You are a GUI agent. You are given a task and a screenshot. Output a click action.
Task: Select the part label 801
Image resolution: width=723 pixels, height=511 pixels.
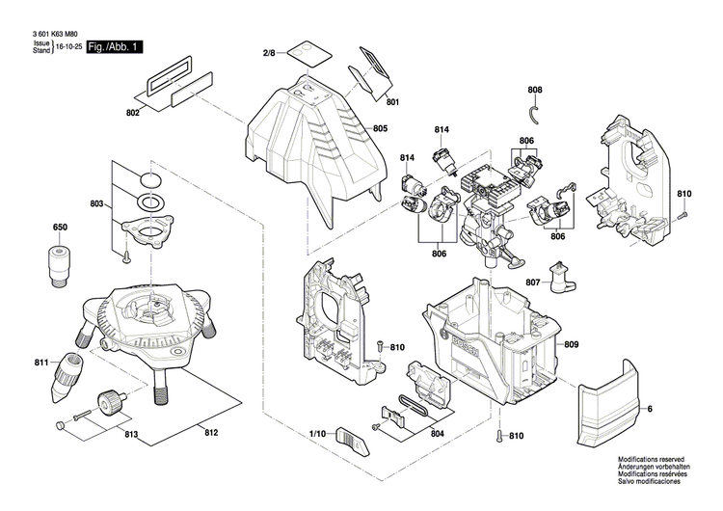pyautogui.click(x=392, y=101)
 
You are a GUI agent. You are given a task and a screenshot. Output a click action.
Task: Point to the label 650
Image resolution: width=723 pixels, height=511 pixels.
pyautogui.click(x=60, y=228)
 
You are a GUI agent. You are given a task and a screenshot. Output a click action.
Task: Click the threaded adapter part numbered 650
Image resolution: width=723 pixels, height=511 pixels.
pyautogui.click(x=60, y=264)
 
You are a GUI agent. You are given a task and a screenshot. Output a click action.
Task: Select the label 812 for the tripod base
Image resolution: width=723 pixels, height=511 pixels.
pyautogui.click(x=211, y=434)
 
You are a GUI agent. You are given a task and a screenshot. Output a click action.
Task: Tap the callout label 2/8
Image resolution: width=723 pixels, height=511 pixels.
pyautogui.click(x=270, y=53)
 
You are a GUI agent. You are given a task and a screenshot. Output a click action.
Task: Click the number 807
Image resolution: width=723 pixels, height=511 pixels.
pyautogui.click(x=532, y=282)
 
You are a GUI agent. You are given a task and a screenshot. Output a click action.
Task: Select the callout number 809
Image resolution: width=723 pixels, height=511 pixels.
pyautogui.click(x=572, y=344)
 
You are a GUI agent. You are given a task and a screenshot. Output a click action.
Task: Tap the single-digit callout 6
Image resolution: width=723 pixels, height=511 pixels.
pyautogui.click(x=649, y=411)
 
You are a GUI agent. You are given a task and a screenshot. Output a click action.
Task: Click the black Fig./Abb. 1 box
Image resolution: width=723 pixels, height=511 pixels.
pyautogui.click(x=114, y=46)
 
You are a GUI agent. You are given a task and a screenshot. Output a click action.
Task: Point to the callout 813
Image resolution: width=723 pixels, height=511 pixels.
pyautogui.click(x=131, y=435)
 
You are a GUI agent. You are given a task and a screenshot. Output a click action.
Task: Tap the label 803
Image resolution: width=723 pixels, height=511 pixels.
pyautogui.click(x=97, y=204)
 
